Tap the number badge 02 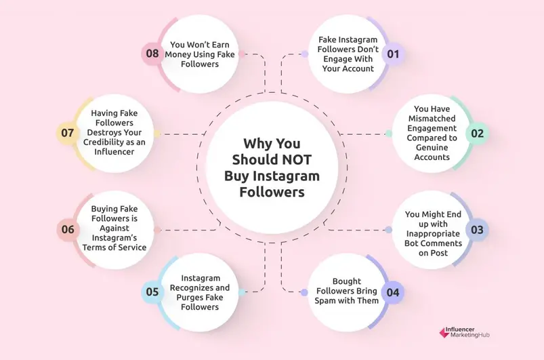(x=478, y=133)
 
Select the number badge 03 (x=477, y=229)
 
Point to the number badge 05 (x=152, y=292)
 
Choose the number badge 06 (x=68, y=229)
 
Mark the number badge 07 (x=67, y=133)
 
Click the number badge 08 (x=151, y=54)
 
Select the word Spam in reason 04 (x=329, y=300)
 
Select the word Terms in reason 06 (x=107, y=247)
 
